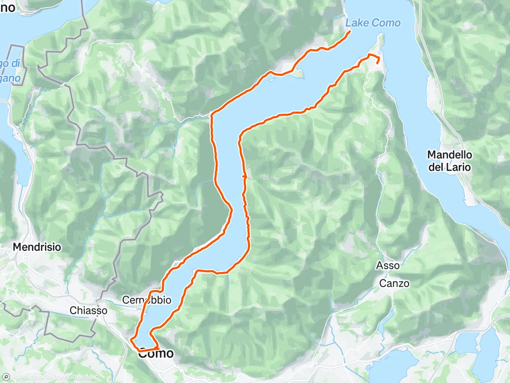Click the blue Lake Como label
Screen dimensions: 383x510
(x=373, y=23)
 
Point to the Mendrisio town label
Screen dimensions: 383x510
(x=37, y=247)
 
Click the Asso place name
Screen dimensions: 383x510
(x=388, y=265)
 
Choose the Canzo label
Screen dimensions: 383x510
(x=394, y=283)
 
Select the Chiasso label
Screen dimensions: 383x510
(x=88, y=311)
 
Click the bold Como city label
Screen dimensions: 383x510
(x=155, y=354)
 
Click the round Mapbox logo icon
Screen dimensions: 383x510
(x=6, y=377)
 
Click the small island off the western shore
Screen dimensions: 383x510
(x=297, y=73)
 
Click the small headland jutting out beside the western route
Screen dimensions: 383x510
(x=230, y=209)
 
